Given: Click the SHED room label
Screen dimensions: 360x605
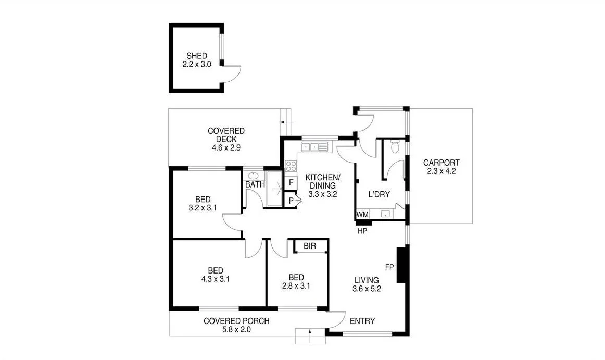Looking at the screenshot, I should pyautogui.click(x=197, y=56).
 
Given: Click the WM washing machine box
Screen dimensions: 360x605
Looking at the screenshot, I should pyautogui.click(x=362, y=214).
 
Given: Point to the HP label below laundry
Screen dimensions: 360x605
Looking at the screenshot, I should pyautogui.click(x=363, y=230).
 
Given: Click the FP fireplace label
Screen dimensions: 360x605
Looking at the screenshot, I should pyautogui.click(x=389, y=267).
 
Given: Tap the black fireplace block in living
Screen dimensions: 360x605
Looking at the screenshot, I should pyautogui.click(x=401, y=265).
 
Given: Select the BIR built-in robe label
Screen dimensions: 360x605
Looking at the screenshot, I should pyautogui.click(x=310, y=246).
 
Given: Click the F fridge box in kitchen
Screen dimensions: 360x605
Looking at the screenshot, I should pyautogui.click(x=291, y=183).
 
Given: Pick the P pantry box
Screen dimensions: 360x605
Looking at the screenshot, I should pyautogui.click(x=291, y=201).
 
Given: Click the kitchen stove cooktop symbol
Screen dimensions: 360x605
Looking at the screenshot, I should pyautogui.click(x=291, y=166).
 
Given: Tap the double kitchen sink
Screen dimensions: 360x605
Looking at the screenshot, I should pyautogui.click(x=315, y=147).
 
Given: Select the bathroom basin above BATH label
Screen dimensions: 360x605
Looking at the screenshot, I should pyautogui.click(x=254, y=175).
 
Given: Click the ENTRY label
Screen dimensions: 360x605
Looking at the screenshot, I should pyautogui.click(x=362, y=321).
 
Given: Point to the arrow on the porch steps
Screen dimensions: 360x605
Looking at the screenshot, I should pyautogui.click(x=310, y=336).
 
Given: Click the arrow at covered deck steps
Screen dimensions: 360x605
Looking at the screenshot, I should pyautogui.click(x=283, y=122).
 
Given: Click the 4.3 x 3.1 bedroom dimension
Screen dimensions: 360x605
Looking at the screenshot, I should pyautogui.click(x=216, y=279).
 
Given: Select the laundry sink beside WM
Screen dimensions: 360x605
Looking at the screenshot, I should pyautogui.click(x=386, y=214).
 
